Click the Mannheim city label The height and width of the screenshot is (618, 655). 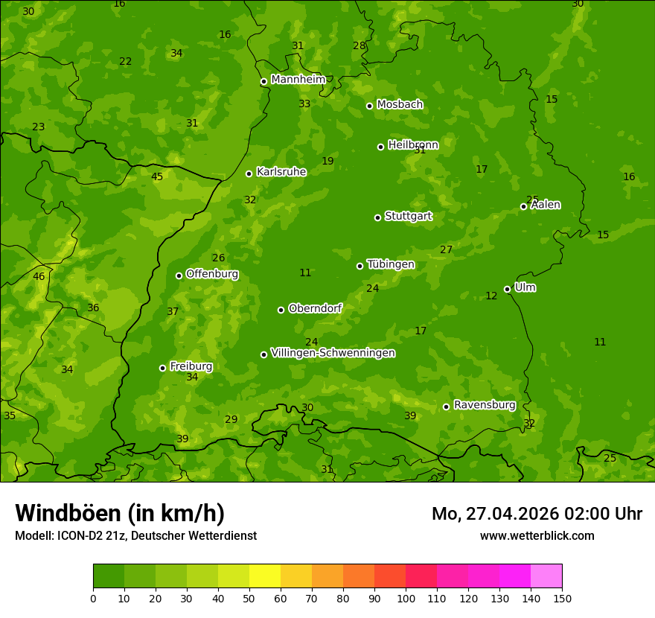[298, 80]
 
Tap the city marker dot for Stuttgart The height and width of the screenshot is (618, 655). [377, 217]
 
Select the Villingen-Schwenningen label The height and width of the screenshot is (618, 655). [333, 353]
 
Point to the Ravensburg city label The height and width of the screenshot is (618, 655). [485, 405]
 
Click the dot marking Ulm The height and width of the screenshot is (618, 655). [507, 289]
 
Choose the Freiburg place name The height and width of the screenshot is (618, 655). [191, 366]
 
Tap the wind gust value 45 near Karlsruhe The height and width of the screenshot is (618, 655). [157, 176]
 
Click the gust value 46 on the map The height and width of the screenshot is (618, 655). [39, 276]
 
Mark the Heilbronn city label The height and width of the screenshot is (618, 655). [413, 145]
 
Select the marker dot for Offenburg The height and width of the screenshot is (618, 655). [179, 275]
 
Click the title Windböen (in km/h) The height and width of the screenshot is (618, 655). [120, 513]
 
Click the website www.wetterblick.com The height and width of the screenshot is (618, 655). [537, 535]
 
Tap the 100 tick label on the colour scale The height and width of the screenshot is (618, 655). [406, 598]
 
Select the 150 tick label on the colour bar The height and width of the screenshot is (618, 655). [562, 598]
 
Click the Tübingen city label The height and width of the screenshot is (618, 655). [391, 264]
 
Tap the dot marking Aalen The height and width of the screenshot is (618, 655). [523, 206]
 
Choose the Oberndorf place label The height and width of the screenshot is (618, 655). [315, 308]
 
